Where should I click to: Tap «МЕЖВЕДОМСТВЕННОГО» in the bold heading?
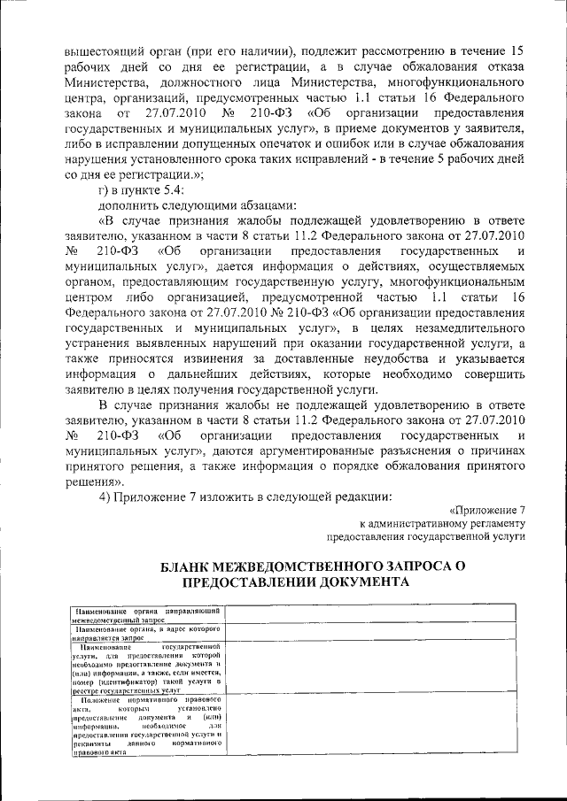[307, 566]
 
